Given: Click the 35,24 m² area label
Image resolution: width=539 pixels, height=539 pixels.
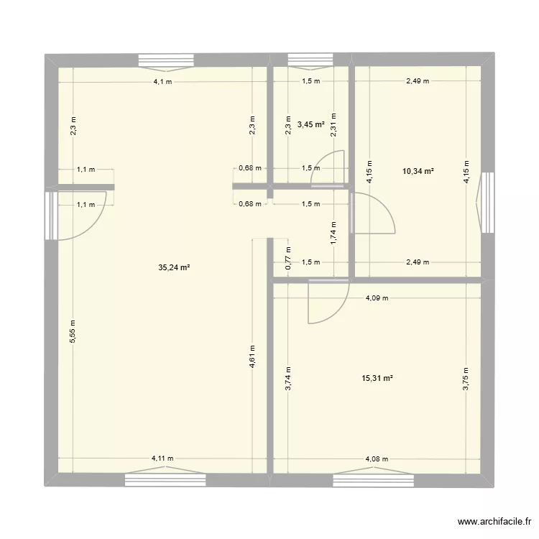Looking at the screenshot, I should [x=174, y=267].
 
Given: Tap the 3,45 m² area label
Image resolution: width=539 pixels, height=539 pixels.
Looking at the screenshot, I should [x=310, y=124].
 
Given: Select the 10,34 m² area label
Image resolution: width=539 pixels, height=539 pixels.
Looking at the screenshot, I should [x=419, y=171].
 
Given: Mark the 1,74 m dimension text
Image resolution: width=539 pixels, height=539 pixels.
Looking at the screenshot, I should [x=333, y=233].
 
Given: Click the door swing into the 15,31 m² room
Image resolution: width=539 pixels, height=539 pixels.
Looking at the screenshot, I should [x=322, y=305].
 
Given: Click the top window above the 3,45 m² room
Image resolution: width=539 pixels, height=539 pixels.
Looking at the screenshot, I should [x=310, y=60].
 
